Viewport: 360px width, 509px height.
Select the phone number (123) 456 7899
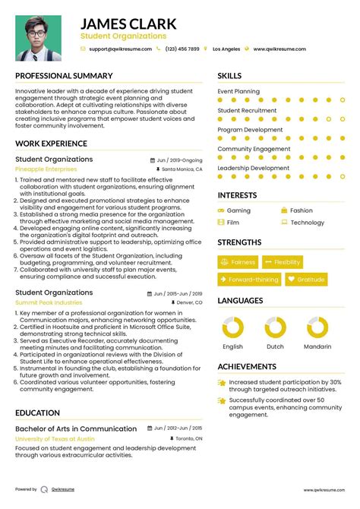tap(182, 49)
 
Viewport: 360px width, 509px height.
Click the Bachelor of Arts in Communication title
tap(76, 429)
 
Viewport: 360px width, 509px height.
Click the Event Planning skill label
tap(238, 91)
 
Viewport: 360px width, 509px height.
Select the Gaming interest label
tap(238, 210)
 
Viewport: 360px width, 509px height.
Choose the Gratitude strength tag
tap(306, 280)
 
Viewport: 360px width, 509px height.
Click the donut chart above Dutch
tap(276, 327)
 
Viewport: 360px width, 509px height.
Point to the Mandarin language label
tap(317, 347)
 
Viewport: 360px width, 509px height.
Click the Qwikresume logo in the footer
tap(45, 490)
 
